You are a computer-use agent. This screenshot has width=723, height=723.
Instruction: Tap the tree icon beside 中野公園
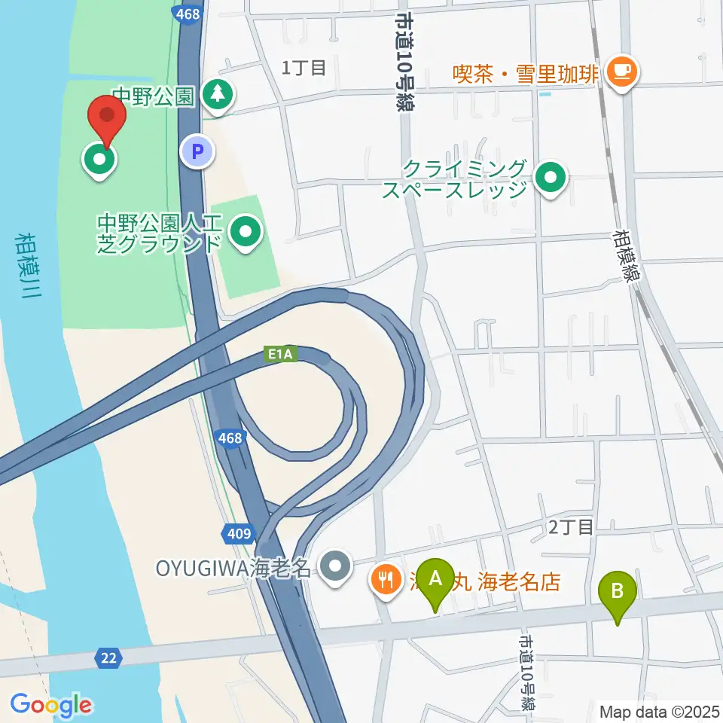tap(218, 96)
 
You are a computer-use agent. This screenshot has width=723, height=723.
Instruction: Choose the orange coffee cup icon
tap(621, 72)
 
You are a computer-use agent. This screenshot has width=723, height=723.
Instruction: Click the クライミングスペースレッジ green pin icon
tap(551, 178)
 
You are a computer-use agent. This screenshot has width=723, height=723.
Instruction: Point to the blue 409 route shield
tap(239, 534)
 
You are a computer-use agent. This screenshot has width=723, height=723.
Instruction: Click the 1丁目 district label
tap(304, 68)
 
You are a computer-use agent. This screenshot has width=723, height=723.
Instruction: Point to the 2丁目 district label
tap(571, 527)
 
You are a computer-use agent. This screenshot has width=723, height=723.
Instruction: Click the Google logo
tap(50, 705)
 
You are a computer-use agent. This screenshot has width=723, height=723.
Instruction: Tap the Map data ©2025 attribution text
tap(659, 711)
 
